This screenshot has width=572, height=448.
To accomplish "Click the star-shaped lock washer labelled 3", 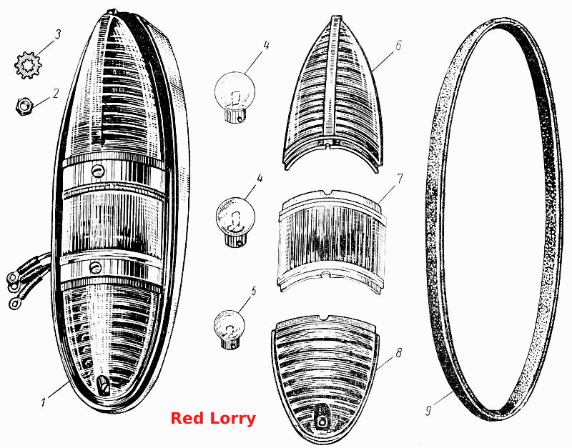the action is [29, 65].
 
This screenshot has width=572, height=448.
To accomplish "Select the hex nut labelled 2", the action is [25, 106].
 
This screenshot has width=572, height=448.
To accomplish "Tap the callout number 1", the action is [44, 402].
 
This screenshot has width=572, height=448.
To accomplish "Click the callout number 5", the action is [254, 292].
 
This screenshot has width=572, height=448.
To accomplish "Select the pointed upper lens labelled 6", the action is [333, 93].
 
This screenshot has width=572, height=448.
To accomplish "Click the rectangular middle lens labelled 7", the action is [332, 241].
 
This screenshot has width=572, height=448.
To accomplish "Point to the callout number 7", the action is [400, 179].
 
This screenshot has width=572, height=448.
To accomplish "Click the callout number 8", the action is [398, 353].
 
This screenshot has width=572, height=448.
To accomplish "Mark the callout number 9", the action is [428, 410].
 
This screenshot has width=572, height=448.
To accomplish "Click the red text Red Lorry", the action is [213, 419].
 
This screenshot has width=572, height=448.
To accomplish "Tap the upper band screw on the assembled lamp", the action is [98, 169].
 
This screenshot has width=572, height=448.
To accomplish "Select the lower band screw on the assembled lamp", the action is [95, 268].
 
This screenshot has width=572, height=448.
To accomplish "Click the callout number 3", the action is [58, 34].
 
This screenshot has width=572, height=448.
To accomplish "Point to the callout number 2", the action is [56, 94].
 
